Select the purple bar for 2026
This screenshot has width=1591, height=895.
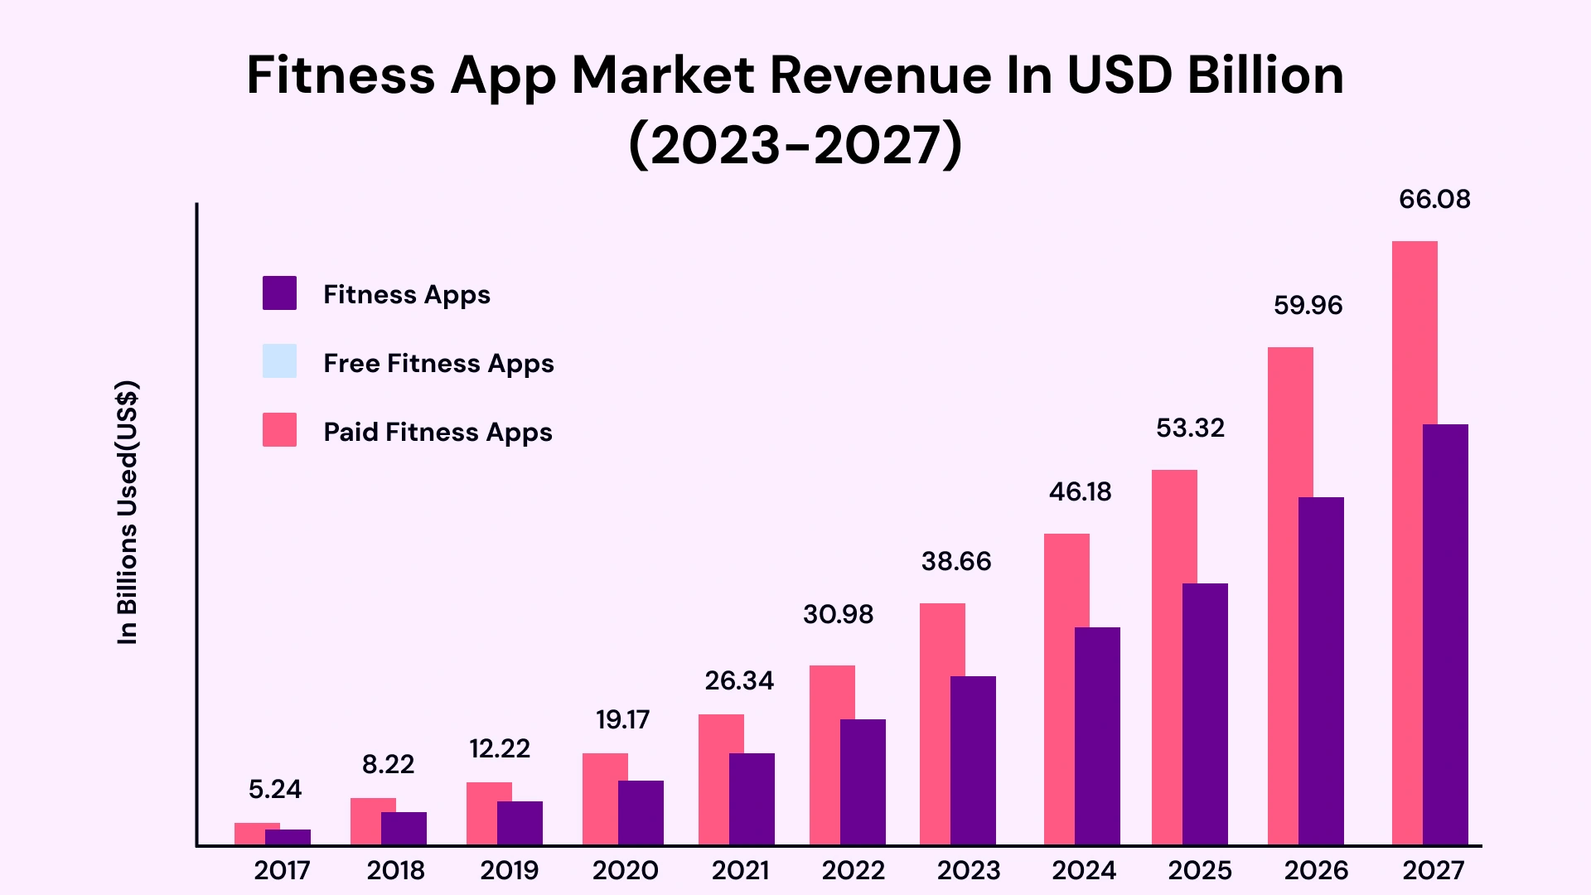click(1321, 671)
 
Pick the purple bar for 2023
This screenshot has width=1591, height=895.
click(973, 761)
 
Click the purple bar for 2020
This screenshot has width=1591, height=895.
click(641, 813)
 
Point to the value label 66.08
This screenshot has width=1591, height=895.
click(1434, 200)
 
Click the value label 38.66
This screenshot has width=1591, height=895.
click(956, 562)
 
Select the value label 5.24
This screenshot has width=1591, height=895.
click(275, 789)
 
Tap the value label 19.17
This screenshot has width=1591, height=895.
click(622, 719)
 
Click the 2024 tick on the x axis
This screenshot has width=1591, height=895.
click(1084, 870)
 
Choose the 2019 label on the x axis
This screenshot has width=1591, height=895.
click(509, 870)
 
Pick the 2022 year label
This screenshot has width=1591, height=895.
click(854, 870)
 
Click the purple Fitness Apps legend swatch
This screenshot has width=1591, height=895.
click(279, 293)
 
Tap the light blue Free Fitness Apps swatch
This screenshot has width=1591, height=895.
click(279, 361)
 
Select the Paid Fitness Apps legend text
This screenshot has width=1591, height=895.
click(438, 432)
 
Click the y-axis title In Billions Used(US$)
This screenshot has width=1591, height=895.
click(128, 512)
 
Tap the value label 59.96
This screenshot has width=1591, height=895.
click(1308, 306)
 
